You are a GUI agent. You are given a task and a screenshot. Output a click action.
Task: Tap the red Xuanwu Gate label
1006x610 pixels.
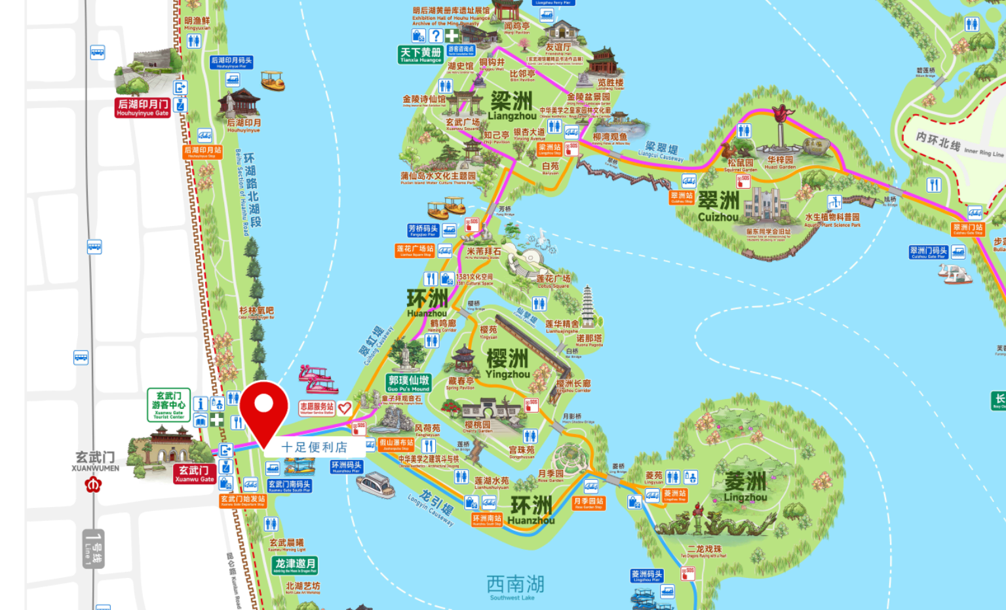(x=194, y=474)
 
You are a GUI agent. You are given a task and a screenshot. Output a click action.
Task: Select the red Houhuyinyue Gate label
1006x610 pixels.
(x=142, y=107)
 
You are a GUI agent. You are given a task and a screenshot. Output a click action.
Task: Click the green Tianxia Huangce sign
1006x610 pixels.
(x=420, y=54)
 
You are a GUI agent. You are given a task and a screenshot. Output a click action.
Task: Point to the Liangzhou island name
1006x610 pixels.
(x=512, y=107)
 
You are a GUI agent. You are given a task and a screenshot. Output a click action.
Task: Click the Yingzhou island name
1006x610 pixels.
(x=507, y=364)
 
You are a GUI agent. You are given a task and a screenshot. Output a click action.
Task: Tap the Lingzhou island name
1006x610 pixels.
(x=745, y=487)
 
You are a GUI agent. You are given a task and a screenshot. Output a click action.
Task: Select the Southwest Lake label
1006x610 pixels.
(x=515, y=586)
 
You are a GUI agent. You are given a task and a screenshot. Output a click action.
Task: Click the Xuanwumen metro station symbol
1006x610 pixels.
(x=93, y=485)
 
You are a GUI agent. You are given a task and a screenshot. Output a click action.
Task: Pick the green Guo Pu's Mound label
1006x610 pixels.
(x=408, y=383)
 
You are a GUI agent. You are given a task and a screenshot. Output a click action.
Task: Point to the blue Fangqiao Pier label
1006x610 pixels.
(x=423, y=230)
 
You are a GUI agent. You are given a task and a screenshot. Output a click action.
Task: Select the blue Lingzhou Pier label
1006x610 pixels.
(x=647, y=575)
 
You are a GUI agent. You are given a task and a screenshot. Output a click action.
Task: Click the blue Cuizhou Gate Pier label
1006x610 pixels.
(x=929, y=252)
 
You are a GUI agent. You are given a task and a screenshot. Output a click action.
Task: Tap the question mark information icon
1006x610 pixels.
(x=436, y=35)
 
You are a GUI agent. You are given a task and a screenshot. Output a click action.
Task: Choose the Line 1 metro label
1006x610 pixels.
(x=94, y=549)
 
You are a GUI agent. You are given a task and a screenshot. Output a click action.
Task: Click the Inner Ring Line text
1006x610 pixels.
(x=960, y=146)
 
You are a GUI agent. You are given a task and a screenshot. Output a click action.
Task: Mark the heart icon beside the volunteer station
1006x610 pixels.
(x=345, y=408)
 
